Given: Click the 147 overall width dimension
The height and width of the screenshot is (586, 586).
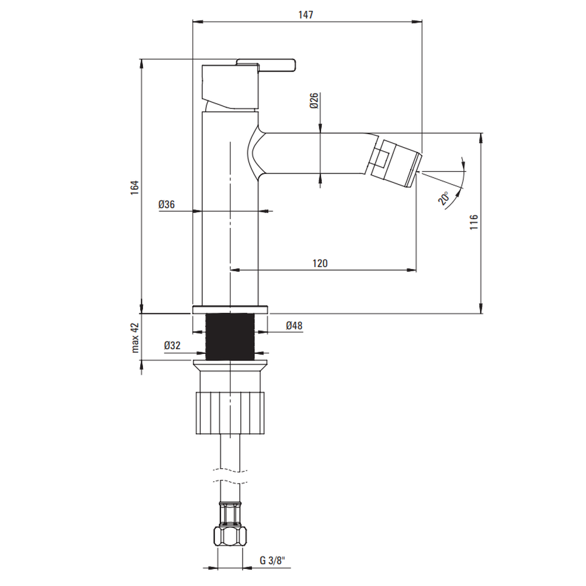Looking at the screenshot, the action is (306, 15).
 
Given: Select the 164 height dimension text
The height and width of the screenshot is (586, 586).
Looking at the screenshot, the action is (135, 188).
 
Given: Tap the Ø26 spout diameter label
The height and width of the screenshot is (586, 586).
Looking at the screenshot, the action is (314, 101).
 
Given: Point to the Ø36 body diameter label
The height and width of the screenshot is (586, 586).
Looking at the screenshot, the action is (166, 205).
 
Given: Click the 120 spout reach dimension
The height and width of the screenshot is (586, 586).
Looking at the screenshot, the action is (320, 264).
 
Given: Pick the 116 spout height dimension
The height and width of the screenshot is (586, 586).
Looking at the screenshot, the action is (473, 222).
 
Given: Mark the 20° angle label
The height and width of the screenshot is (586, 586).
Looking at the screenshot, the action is (444, 198).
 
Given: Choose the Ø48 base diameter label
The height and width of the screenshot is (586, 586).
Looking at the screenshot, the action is (294, 325).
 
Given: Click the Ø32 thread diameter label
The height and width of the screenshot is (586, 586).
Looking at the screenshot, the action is (172, 345).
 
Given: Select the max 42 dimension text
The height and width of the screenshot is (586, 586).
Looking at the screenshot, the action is (135, 338).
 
